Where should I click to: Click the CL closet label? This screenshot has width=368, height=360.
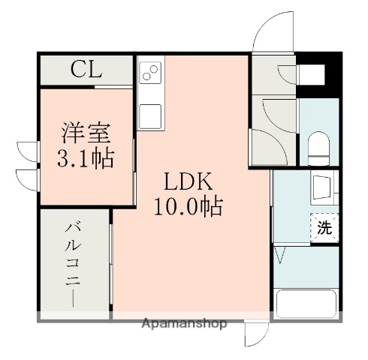coord(86,70)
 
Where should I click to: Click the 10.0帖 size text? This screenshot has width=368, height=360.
coord(189,205)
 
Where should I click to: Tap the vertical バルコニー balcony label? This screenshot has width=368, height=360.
coord(74,262)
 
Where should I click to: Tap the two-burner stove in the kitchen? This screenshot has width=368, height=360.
coord(150,73)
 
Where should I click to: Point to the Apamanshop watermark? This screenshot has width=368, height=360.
coord(184,324)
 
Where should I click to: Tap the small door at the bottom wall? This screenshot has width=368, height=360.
coord(255,335)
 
